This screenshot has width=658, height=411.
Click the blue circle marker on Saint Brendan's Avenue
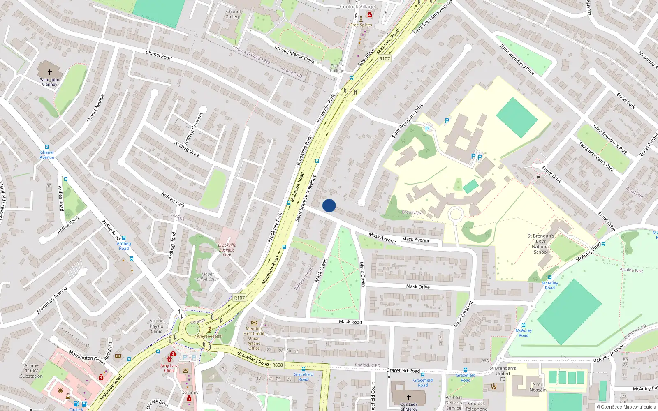pyautogui.click(x=329, y=205)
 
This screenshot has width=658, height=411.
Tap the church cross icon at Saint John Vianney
pyautogui.click(x=50, y=72)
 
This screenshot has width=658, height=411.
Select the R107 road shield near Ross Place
pyautogui.click(x=385, y=59)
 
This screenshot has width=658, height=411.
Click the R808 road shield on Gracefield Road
pyautogui.click(x=278, y=365)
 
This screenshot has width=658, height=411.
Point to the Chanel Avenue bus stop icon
pyautogui.click(x=47, y=147)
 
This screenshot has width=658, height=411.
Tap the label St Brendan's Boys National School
pyautogui.click(x=541, y=244)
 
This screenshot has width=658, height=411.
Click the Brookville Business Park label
pyautogui.click(x=227, y=250)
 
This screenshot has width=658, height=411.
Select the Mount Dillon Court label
pyautogui.click(x=208, y=277)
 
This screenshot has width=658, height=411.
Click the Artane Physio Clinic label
pyautogui.click(x=156, y=326)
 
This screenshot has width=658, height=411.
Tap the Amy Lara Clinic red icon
pyautogui.click(x=173, y=354)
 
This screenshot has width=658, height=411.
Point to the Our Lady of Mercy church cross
pyautogui.click(x=408, y=397)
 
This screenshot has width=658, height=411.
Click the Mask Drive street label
pyautogui.click(x=418, y=286)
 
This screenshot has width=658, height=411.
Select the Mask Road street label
pyautogui.click(x=350, y=322)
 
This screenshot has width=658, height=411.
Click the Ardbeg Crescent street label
pyautogui.click(x=193, y=128)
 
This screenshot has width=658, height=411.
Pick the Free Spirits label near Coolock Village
pyautogui.click(x=361, y=25)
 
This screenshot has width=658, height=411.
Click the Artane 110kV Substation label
pyautogui.click(x=31, y=370)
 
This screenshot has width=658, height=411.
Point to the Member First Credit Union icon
pyautogui.click(x=254, y=323)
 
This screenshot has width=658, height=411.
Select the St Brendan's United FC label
pyautogui.click(x=503, y=373)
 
